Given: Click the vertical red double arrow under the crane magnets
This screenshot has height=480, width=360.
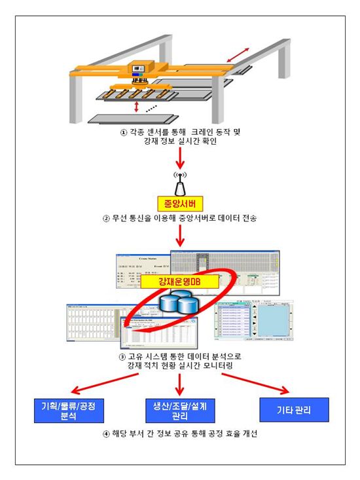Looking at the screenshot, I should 135,106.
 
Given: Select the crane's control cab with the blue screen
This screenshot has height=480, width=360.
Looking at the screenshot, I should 140,69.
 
